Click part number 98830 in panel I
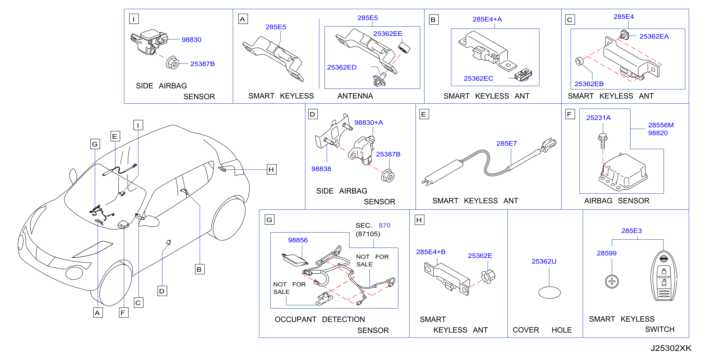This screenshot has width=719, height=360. pyautogui.click(x=192, y=40)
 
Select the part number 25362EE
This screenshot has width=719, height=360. pyautogui.click(x=388, y=33)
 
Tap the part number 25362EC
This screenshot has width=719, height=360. pyautogui.click(x=478, y=79)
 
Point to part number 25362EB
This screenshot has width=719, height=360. pyautogui.click(x=589, y=84)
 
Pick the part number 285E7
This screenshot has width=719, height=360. pyautogui.click(x=507, y=143)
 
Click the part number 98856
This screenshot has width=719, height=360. pyautogui.click(x=298, y=240)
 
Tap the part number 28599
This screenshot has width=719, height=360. pyautogui.click(x=607, y=253)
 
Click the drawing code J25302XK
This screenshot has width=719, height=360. pyautogui.click(x=671, y=348)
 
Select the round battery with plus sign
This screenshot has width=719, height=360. pyautogui.click(x=612, y=281)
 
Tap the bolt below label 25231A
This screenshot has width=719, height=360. pyautogui.click(x=603, y=141)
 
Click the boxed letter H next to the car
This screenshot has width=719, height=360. pyautogui.click(x=271, y=170)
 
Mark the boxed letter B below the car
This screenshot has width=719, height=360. pyautogui.click(x=199, y=269)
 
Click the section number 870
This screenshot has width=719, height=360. pyautogui.click(x=384, y=225)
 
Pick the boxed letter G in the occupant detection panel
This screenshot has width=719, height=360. pyautogui.click(x=269, y=220)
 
